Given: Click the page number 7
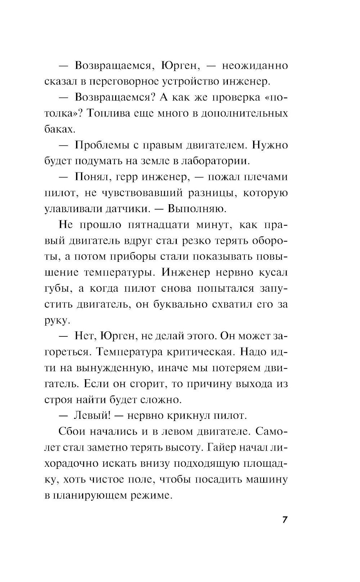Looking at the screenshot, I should point(284,520).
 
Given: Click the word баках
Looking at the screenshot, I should point(60,129).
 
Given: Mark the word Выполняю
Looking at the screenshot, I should point(197,209).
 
